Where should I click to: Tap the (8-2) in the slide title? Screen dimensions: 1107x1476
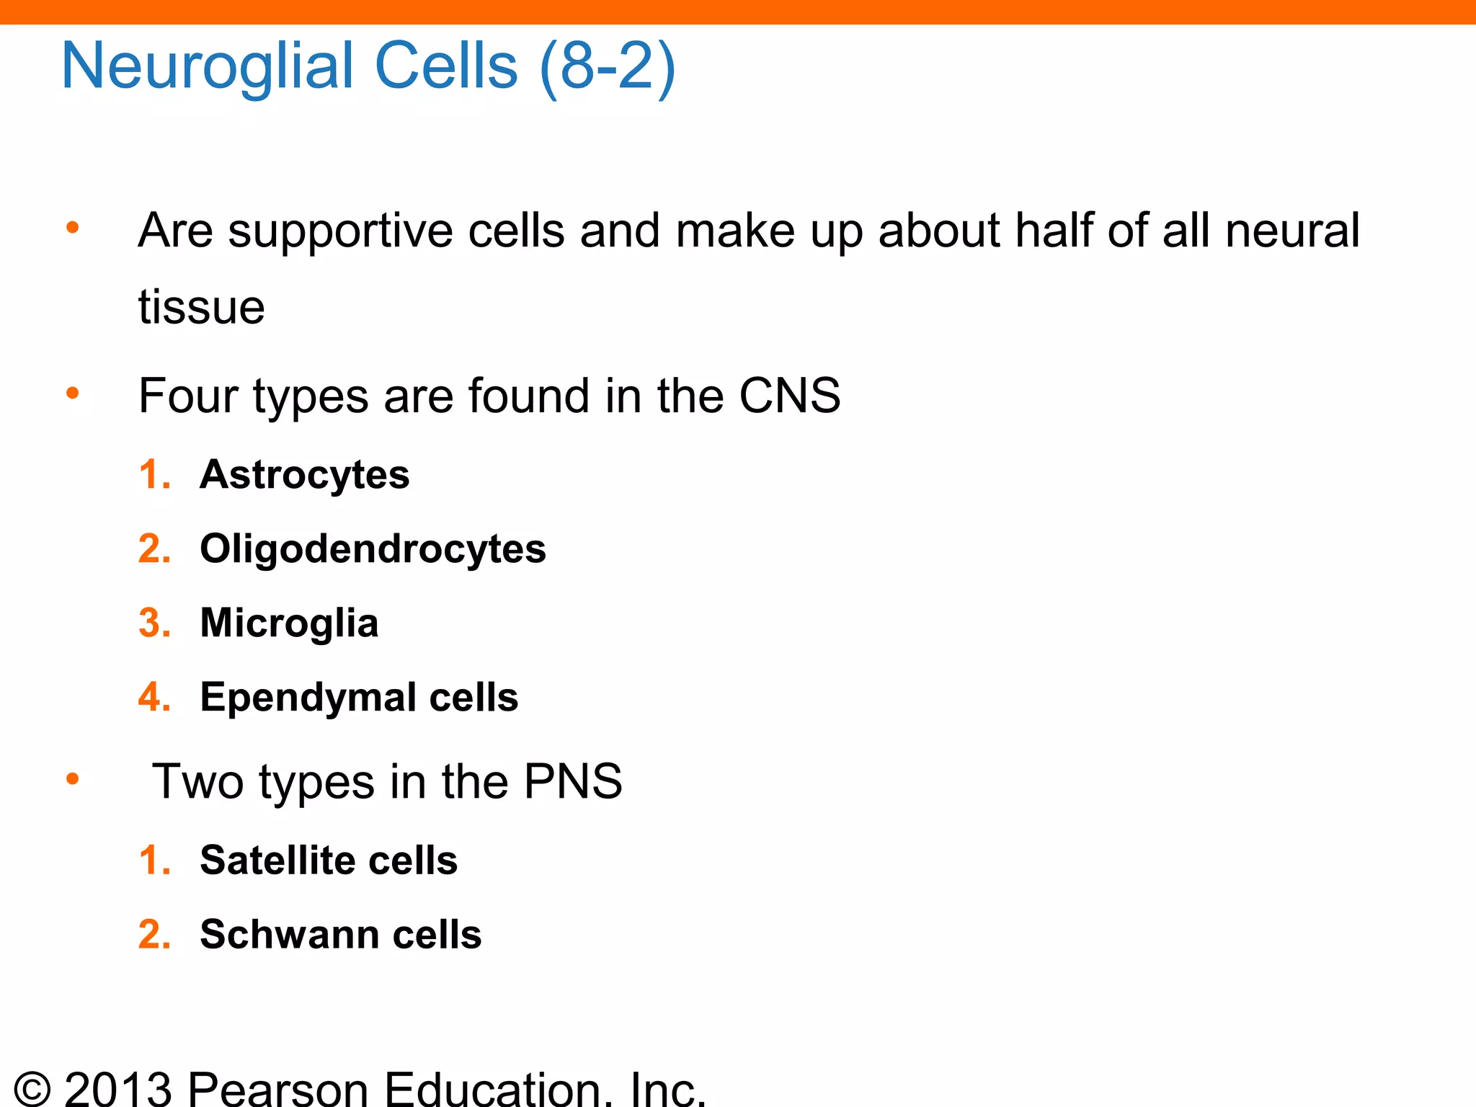[x=607, y=66]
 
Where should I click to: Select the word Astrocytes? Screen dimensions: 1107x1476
[x=305, y=475]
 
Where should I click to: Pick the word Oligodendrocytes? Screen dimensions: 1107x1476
[x=373, y=549]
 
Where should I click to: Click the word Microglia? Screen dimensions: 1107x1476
[x=289, y=623]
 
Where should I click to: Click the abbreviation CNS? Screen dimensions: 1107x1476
[x=790, y=396]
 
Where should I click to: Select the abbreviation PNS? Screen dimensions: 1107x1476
[x=573, y=781]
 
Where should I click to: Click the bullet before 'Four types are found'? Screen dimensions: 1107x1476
[x=72, y=394]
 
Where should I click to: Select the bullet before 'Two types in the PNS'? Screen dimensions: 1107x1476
[x=72, y=779]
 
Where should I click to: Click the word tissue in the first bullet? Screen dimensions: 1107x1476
[x=202, y=307]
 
